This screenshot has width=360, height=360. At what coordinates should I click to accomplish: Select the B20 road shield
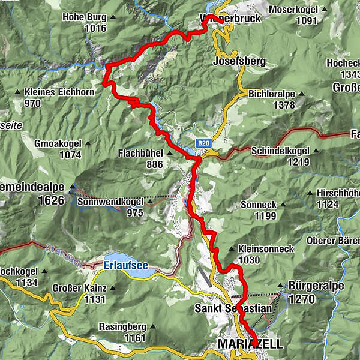tap(204, 144)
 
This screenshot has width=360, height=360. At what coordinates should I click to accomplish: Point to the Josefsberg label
tap(239, 61)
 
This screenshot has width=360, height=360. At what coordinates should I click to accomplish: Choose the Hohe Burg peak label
tap(83, 17)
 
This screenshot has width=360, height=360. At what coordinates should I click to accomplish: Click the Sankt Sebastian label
tap(233, 308)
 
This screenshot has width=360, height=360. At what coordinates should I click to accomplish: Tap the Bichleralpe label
tap(271, 94)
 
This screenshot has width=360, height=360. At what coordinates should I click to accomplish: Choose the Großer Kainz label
tap(83, 288)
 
